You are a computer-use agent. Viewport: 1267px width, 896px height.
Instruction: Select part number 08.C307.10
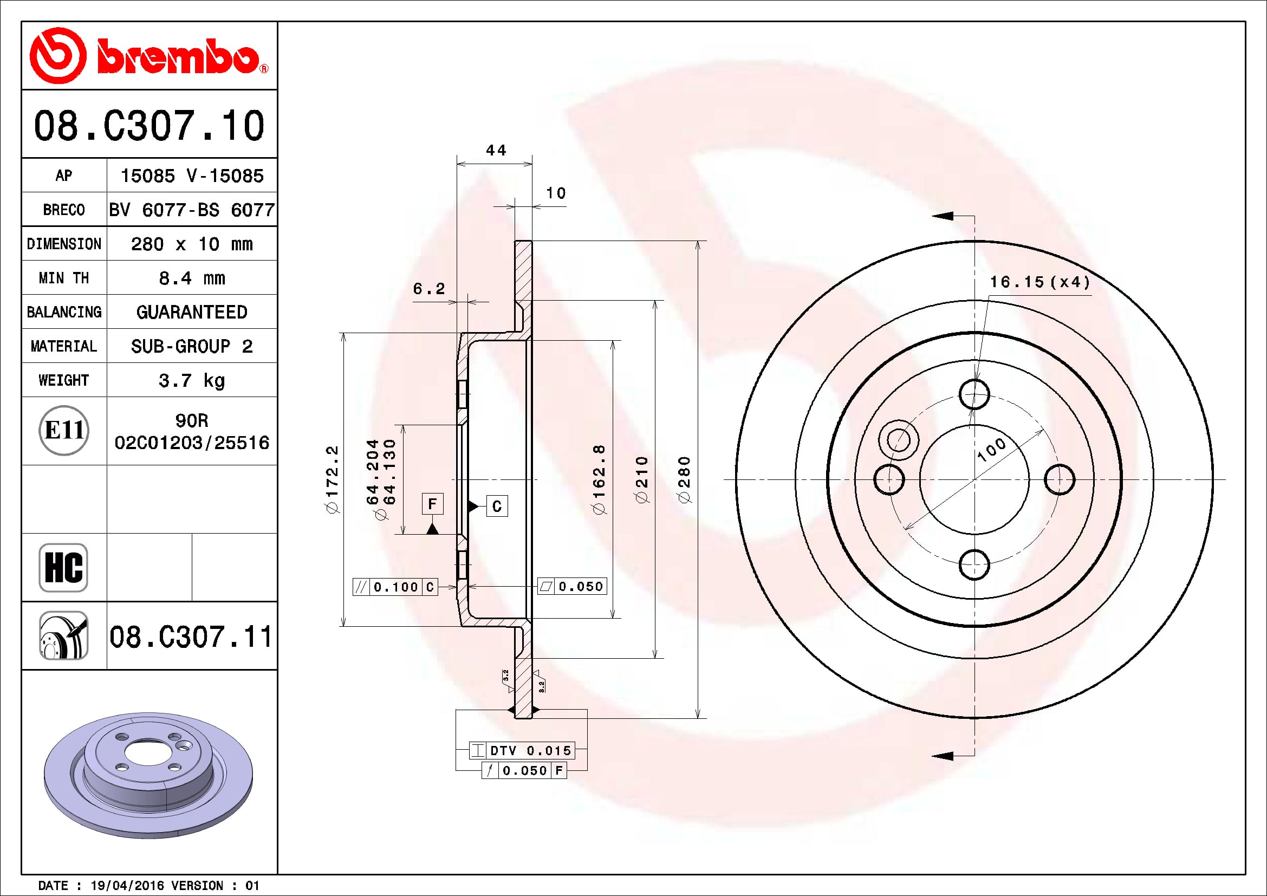[149, 126]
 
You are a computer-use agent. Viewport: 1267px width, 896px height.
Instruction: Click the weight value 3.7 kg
[191, 380]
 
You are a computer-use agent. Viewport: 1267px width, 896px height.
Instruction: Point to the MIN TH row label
[63, 278]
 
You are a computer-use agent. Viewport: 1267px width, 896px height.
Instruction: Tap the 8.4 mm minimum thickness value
[191, 278]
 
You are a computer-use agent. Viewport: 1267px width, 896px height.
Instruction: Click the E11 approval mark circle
[64, 430]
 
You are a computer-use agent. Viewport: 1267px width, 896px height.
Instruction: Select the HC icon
[63, 567]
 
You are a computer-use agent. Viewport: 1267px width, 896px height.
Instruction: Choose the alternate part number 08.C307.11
[191, 637]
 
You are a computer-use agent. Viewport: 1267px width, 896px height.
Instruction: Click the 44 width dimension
[496, 150]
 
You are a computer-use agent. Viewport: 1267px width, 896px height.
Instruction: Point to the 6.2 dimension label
[429, 289]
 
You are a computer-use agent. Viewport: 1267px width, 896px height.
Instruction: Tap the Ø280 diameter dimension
[684, 479]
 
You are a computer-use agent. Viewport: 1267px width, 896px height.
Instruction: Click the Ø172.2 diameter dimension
[332, 479]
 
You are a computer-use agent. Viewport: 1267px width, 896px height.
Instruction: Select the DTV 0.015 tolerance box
[522, 750]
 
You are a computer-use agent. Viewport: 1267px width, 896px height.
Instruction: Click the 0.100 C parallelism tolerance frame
[395, 587]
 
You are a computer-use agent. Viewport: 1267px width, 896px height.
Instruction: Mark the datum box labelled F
[433, 504]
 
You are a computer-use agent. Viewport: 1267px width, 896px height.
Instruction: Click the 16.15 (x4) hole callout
[1039, 282]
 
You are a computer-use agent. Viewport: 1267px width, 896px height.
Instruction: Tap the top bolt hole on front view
[974, 394]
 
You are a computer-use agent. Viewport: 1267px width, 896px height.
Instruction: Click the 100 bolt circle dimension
[992, 450]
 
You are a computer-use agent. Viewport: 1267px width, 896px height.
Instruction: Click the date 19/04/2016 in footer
[127, 886]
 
